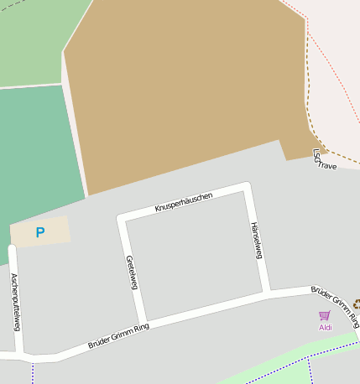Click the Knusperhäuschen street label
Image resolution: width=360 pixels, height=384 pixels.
pyautogui.click(x=184, y=202)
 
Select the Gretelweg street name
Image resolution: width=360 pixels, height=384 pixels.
pyautogui.click(x=131, y=272)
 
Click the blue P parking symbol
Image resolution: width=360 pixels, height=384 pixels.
pyautogui.click(x=39, y=232)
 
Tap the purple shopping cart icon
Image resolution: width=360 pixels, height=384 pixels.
pyautogui.click(x=325, y=315)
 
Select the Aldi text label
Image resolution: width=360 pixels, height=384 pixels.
pyautogui.click(x=326, y=327)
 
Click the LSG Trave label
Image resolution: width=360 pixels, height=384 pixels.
pyautogui.click(x=323, y=159)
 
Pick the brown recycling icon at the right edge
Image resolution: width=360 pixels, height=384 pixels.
pyautogui.click(x=357, y=304)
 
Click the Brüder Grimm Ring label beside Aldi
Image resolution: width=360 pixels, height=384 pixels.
pyautogui.click(x=335, y=305)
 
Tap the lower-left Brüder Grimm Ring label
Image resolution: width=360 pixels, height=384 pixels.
pyautogui.click(x=118, y=336)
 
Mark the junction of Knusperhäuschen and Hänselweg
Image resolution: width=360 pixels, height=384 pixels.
pyautogui.click(x=247, y=187)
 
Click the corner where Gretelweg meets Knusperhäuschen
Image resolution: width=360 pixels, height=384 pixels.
pyautogui.click(x=122, y=218)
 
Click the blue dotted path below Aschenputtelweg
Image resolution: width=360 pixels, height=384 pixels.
pyautogui.click(x=33, y=371)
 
